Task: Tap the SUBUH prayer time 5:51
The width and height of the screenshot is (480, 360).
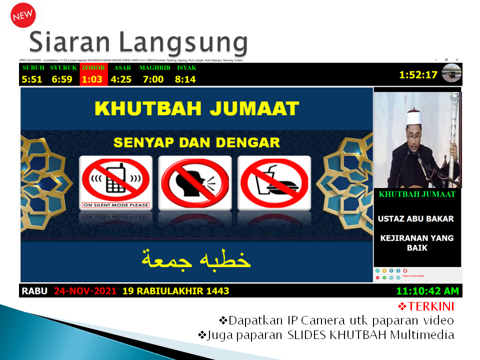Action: coord(32,79)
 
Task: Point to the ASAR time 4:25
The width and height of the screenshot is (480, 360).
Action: coord(121,79)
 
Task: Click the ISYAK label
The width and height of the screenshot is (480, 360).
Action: coord(186,68)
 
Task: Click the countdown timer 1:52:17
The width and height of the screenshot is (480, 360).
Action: coord(418,75)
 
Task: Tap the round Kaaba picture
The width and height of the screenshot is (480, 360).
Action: coord(451,73)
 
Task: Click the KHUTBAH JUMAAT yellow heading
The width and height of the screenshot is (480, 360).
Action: coord(197,108)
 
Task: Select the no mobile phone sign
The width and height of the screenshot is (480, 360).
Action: coord(116,182)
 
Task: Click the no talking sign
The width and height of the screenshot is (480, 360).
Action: coord(195,182)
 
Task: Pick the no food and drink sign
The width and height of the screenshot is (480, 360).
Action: coord(274,182)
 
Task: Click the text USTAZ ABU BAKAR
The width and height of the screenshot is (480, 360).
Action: coord(415,219)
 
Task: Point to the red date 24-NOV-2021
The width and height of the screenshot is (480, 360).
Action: coord(85,291)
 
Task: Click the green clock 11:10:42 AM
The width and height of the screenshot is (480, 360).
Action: coord(427,291)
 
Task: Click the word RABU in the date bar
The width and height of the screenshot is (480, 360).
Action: coord(35,291)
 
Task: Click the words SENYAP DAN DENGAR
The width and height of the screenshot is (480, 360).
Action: coord(196,142)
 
